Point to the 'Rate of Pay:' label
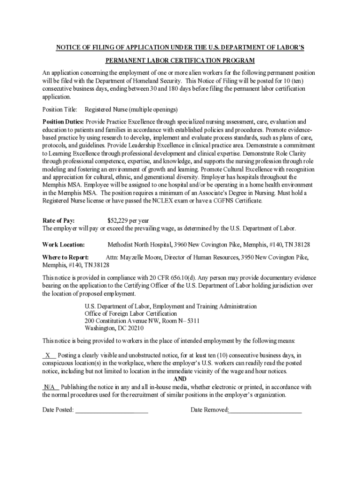pyautogui.click(x=58, y=221)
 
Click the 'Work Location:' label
pyautogui.click(x=64, y=245)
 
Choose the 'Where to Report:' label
pyautogui.click(x=65, y=257)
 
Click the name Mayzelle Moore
pyautogui.click(x=142, y=257)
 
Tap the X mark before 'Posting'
pyautogui.click(x=48, y=356)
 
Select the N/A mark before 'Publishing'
pyautogui.click(x=50, y=387)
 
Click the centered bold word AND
pyautogui.click(x=180, y=379)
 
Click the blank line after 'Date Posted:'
pyautogui.click(x=112, y=410)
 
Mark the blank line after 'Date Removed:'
pyautogui.click(x=265, y=410)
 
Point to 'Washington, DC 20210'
pyautogui.click(x=111, y=328)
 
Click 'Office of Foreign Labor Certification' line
pyautogui.click(x=130, y=313)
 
